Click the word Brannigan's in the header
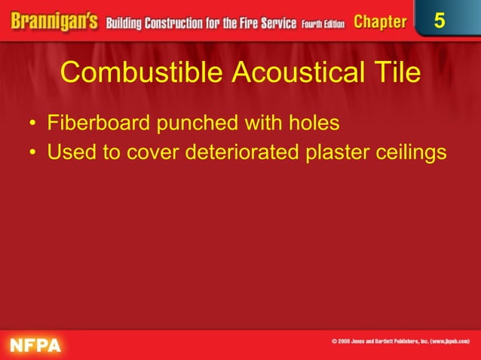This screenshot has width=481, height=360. click(51, 21)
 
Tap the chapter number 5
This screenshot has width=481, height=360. click(440, 21)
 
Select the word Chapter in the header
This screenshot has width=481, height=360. click(380, 22)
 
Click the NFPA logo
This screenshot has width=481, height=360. click(35, 344)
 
